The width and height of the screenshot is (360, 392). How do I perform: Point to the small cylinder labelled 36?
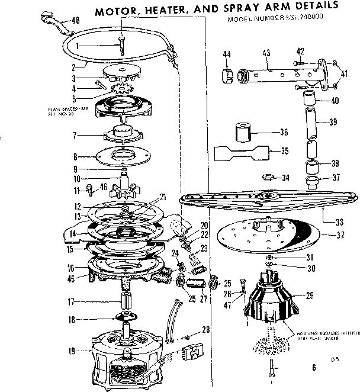[x=242, y=131]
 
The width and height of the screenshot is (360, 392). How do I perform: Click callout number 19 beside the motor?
[x=72, y=351]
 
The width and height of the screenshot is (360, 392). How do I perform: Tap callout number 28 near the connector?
[x=205, y=329]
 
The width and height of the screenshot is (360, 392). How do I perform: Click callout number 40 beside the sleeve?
[x=335, y=100]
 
